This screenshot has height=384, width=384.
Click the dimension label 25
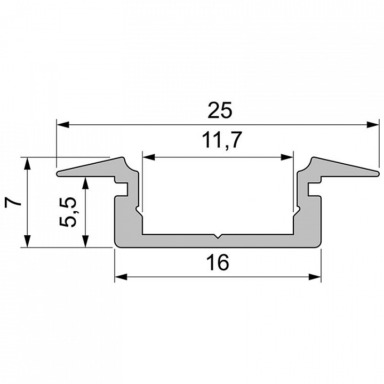coord(219,110)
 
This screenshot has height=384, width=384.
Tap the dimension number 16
coord(218,262)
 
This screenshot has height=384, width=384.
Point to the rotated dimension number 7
coord(13,202)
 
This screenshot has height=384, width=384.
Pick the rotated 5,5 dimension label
coord(68,212)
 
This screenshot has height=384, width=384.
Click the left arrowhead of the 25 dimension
coord(63,125)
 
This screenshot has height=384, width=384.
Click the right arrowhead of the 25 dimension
coord(373,125)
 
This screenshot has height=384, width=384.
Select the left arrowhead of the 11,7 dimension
coord(149,157)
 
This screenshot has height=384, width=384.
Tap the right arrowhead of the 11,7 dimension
coord(287,157)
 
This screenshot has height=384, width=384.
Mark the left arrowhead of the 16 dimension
coord(121,277)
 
